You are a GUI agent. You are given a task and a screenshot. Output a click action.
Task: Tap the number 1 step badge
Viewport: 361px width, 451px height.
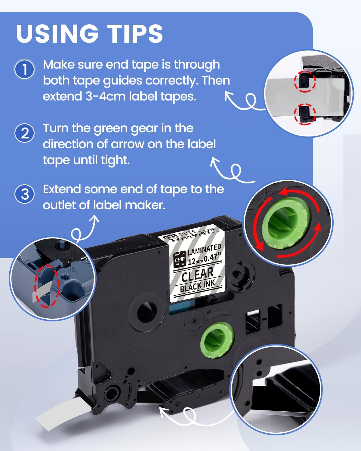click(25, 69)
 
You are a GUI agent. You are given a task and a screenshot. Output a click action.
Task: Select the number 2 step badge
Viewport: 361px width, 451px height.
click(25, 133)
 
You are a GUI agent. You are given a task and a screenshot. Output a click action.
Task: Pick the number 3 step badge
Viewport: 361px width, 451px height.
click(25, 194)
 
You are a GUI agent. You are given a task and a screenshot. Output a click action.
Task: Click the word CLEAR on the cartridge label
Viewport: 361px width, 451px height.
click(197, 274)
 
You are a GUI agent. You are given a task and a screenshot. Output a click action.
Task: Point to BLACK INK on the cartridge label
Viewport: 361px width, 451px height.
click(198, 286)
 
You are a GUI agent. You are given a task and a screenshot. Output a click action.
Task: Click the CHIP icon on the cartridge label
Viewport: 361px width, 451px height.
click(180, 259)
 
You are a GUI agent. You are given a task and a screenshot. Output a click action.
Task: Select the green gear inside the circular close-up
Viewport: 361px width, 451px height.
click(286, 223)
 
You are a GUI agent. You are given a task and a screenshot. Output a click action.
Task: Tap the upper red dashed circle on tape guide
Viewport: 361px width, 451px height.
click(304, 81)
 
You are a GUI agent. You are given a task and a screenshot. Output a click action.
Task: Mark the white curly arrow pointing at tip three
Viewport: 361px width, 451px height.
click(84, 231)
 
